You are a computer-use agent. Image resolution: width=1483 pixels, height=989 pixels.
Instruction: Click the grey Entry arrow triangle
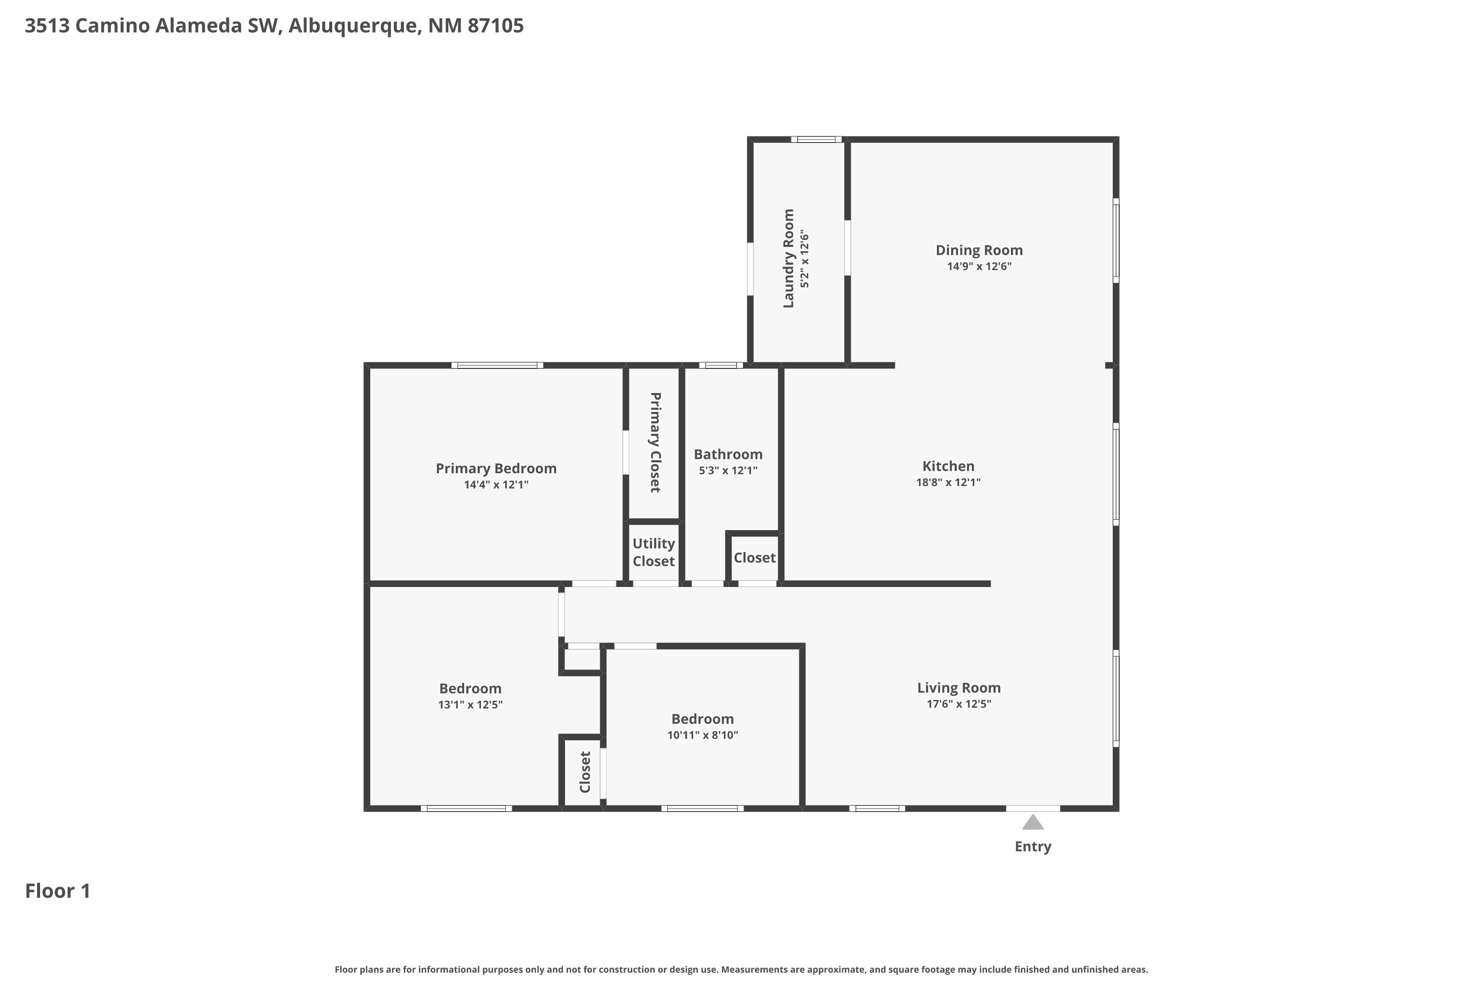pos(1032,822)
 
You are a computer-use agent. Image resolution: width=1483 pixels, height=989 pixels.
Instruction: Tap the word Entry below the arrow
pos(1032,847)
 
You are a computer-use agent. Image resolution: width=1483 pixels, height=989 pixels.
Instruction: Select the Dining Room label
pos(979,250)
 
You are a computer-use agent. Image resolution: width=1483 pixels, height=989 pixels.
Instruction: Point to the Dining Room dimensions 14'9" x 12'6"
pos(979,266)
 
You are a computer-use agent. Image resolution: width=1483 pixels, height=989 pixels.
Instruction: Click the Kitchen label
pos(948,466)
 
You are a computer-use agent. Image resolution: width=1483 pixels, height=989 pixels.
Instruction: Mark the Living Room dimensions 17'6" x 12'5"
pos(959,704)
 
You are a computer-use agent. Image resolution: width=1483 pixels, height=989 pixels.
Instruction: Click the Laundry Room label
pos(788,259)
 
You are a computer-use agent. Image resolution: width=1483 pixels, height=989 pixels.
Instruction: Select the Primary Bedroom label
pos(496,469)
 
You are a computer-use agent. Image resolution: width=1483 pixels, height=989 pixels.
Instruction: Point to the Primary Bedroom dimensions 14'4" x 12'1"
pos(496,485)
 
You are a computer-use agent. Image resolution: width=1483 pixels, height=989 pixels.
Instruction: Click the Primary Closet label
pos(655,442)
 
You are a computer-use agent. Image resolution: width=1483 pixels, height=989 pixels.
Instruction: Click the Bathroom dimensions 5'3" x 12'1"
pos(728,471)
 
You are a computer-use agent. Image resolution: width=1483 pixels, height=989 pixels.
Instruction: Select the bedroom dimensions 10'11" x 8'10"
pos(702,735)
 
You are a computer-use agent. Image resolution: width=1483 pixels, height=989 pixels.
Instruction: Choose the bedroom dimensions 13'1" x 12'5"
pos(471,705)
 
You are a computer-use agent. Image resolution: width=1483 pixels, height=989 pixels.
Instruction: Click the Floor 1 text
pos(57,891)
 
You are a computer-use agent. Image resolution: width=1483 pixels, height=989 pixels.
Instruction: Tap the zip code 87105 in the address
pos(496,26)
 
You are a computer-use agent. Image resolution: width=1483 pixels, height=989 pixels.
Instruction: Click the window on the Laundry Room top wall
pos(816,139)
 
